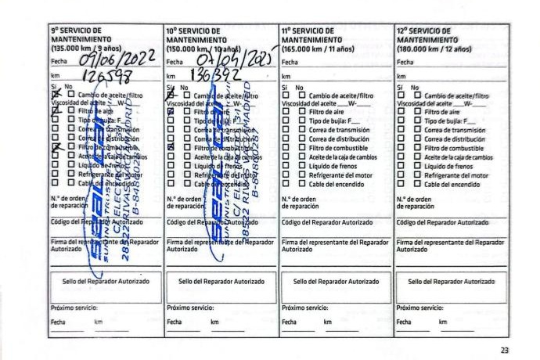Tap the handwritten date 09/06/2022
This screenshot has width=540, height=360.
click(x=110, y=59)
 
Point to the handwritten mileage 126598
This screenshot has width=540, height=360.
click(x=100, y=76)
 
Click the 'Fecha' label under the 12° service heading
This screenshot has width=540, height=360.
click(x=405, y=60)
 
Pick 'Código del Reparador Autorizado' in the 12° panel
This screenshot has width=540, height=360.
click(x=443, y=223)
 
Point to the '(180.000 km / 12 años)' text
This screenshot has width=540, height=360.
click(x=434, y=47)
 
